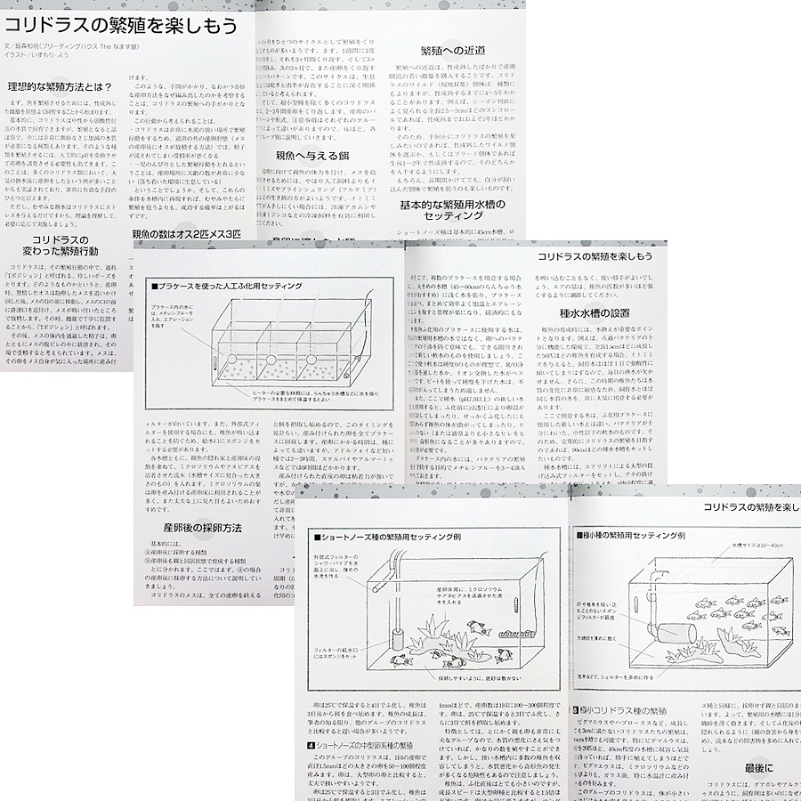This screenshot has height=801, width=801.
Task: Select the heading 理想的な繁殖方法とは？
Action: pos(61,87)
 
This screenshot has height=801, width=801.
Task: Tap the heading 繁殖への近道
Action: pos(457,53)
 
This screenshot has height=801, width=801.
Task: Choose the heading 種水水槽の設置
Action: pos(595,313)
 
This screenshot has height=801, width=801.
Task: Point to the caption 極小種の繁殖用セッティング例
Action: pos(633,538)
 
